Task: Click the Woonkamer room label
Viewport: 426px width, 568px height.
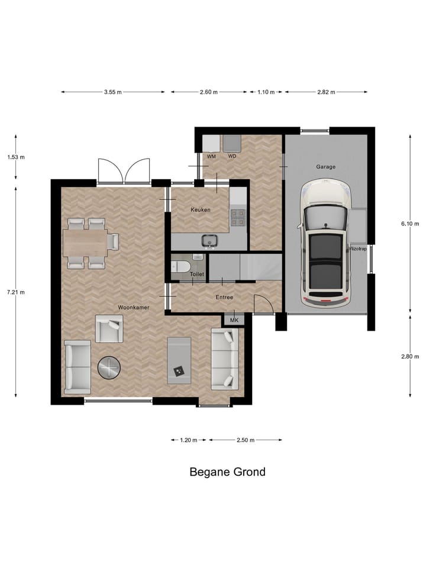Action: [133, 308]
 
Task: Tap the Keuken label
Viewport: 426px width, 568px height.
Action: [200, 210]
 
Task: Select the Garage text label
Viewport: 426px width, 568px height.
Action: [325, 167]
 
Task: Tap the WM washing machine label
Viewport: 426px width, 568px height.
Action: [211, 156]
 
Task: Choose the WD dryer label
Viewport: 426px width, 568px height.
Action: [232, 156]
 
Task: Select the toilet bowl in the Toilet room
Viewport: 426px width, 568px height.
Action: [182, 267]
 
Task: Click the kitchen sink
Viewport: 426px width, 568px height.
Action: [209, 240]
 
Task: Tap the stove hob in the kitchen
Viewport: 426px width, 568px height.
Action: [238, 218]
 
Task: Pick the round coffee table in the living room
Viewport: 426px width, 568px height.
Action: [109, 368]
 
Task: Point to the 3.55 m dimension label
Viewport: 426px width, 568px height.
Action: [112, 92]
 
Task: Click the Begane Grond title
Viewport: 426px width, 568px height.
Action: [227, 472]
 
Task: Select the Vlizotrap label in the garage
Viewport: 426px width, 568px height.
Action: [359, 248]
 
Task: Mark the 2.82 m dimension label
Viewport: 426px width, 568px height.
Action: [325, 92]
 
